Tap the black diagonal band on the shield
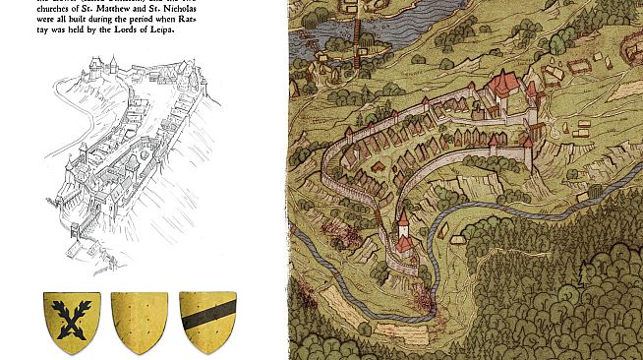(x=207, y=318)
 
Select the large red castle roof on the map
(x=504, y=84)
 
